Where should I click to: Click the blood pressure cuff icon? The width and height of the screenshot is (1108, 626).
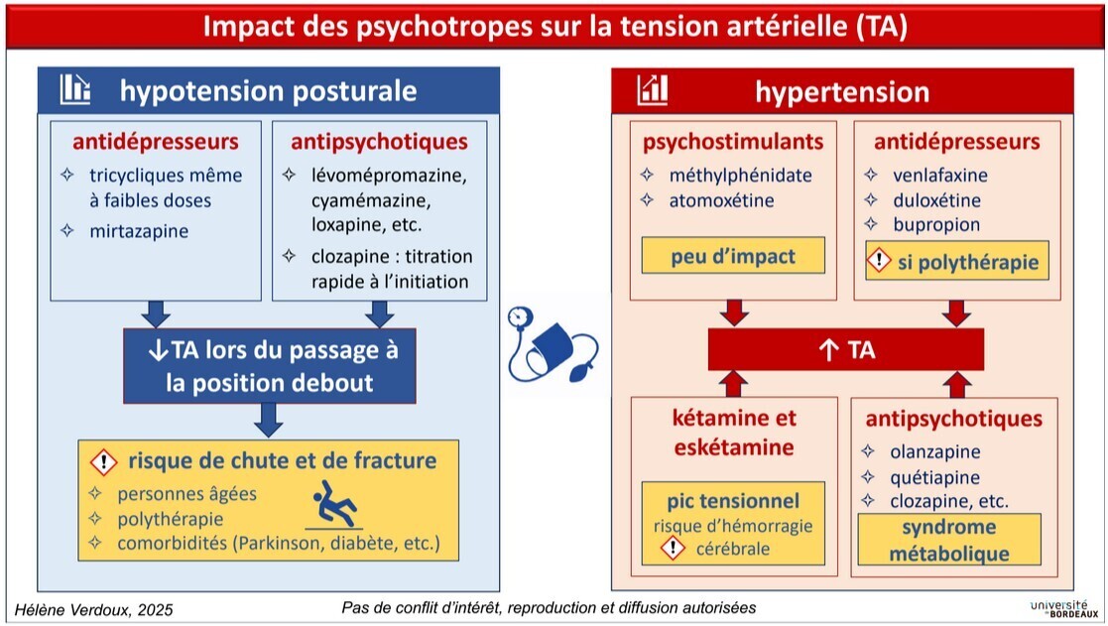click(552, 347)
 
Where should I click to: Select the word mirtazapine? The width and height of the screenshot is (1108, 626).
click(139, 231)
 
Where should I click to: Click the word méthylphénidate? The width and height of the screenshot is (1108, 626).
click(740, 176)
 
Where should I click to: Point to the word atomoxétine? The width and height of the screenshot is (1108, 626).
click(721, 200)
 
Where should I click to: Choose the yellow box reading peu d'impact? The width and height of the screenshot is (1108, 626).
click(733, 257)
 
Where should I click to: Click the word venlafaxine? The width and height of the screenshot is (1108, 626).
click(939, 176)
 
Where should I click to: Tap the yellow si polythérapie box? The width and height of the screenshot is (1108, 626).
click(957, 262)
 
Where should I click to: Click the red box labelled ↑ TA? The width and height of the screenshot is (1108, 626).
click(845, 350)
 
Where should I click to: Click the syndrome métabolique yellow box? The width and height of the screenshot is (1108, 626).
click(948, 541)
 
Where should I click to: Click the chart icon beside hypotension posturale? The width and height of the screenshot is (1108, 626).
click(75, 90)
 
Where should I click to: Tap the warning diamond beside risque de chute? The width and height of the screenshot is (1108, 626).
click(104, 461)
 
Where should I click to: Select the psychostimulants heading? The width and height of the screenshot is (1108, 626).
click(732, 142)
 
